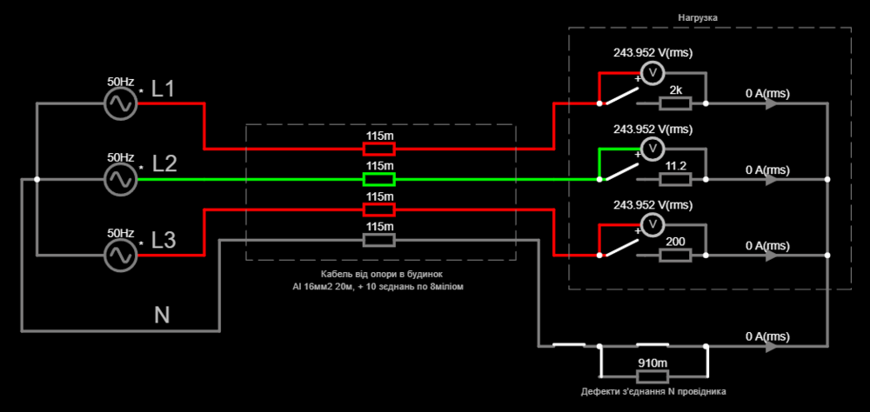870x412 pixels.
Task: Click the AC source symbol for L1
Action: (x=120, y=103)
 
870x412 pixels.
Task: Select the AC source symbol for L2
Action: (x=120, y=180)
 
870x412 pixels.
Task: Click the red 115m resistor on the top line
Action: (x=378, y=149)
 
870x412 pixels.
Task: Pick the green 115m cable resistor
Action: (x=378, y=180)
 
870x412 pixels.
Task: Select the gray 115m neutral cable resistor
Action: (x=378, y=240)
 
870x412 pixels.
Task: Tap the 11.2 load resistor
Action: (x=675, y=180)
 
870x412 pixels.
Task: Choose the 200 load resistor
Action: (x=675, y=256)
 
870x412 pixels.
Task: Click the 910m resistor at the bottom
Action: (x=653, y=376)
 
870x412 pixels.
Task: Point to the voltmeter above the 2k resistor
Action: (x=652, y=73)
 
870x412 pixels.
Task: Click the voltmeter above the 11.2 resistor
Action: (x=652, y=149)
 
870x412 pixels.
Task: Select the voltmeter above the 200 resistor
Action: (x=652, y=224)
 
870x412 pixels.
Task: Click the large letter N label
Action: (x=162, y=315)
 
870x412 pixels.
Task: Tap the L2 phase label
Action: (x=164, y=164)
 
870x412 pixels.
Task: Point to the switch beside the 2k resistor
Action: (x=618, y=96)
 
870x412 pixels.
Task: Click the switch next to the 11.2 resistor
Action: (x=618, y=171)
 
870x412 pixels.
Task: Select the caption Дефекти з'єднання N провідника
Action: (x=653, y=392)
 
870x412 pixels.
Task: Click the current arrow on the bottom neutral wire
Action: (x=771, y=346)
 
